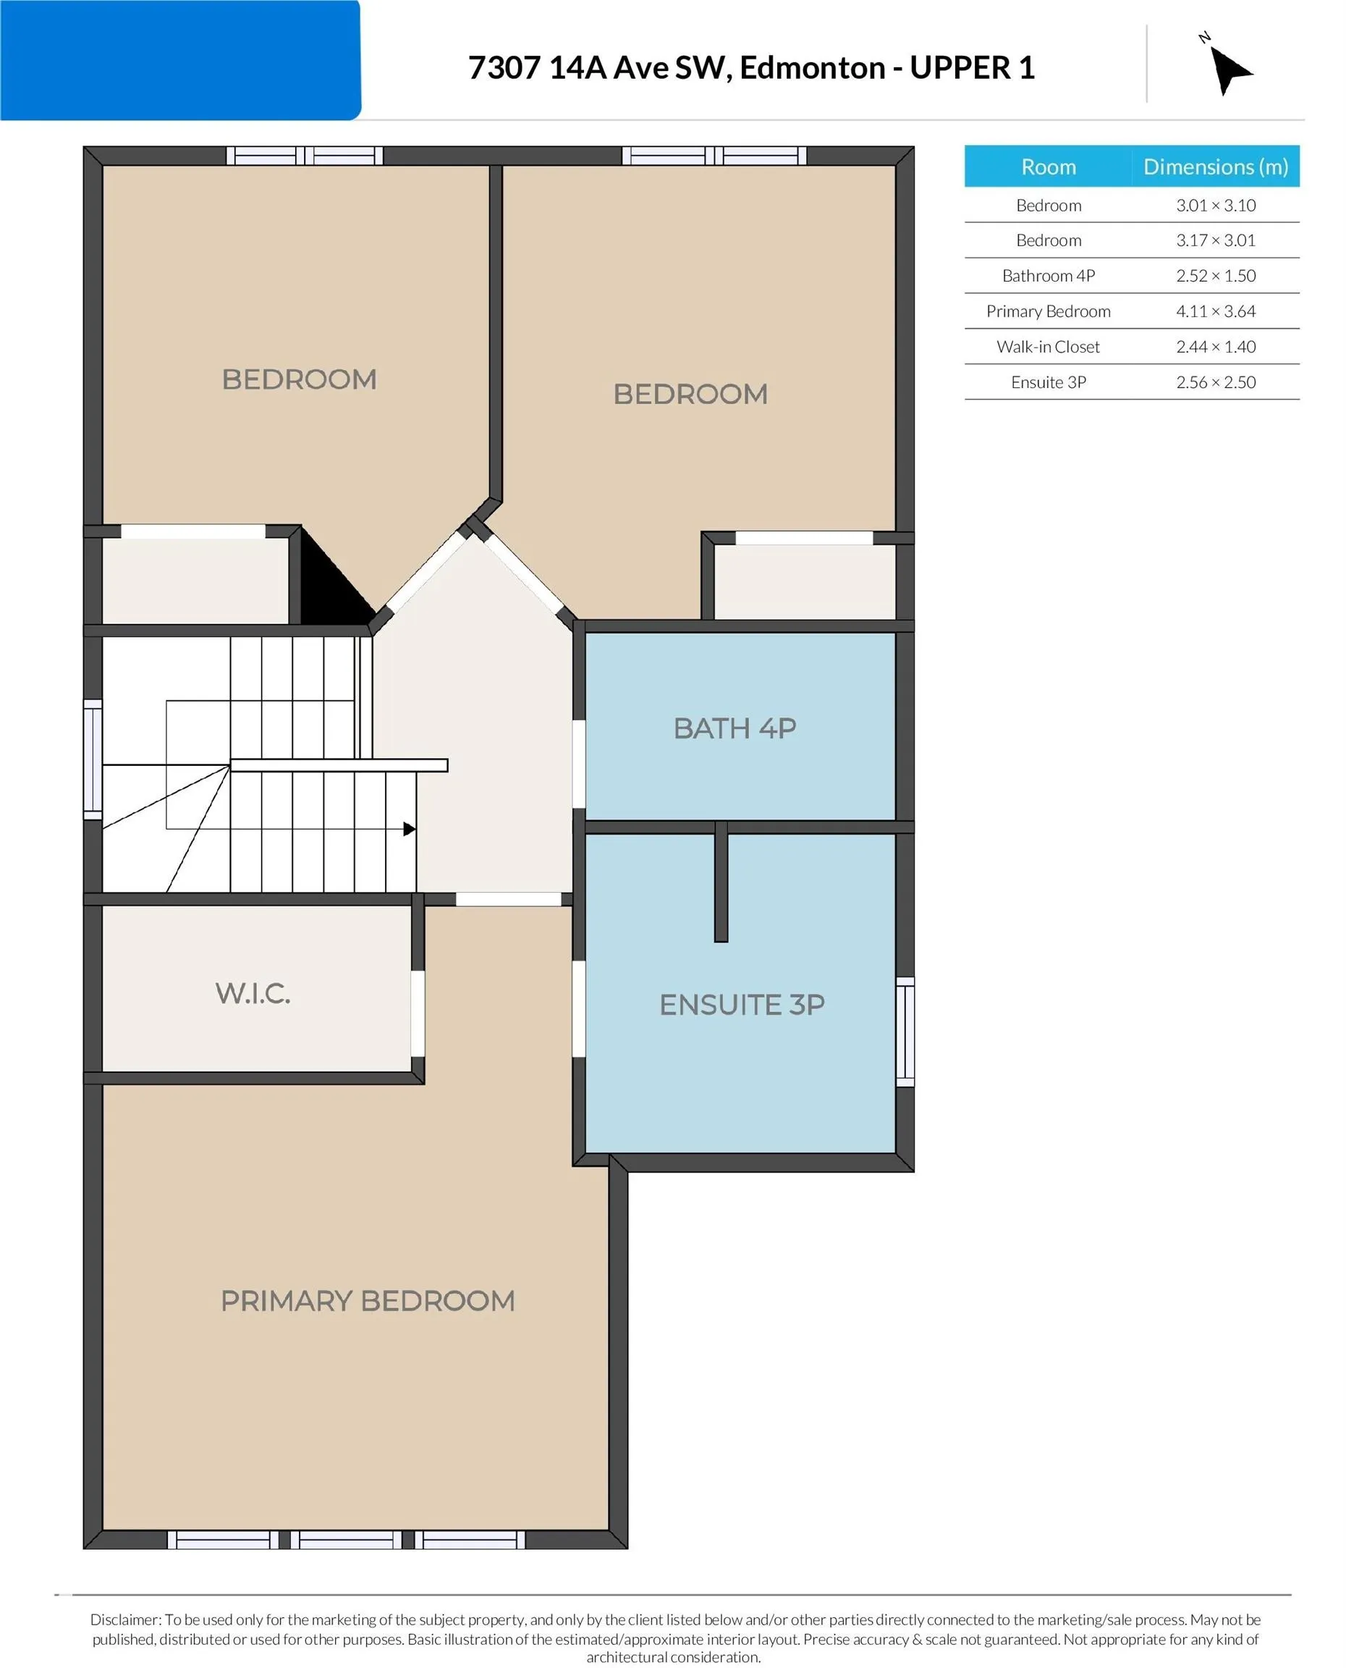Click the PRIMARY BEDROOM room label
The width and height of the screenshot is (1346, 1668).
(x=368, y=1300)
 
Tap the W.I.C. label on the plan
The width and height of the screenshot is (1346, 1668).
(x=253, y=993)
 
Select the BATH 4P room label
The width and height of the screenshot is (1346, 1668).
(x=735, y=728)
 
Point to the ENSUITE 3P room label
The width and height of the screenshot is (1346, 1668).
(x=742, y=1004)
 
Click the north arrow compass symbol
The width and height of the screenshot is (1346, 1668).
(x=1227, y=67)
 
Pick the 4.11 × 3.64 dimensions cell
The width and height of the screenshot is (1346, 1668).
(x=1215, y=311)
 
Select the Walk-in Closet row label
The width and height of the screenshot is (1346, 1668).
(x=1049, y=347)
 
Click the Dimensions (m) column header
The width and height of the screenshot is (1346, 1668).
(x=1216, y=167)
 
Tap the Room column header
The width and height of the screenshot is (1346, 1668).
(x=1049, y=167)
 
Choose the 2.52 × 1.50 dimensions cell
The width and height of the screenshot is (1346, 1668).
(x=1215, y=275)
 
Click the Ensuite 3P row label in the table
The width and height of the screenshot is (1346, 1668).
(x=1049, y=382)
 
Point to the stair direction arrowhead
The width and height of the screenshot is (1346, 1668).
(x=410, y=829)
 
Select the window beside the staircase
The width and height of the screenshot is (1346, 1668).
(x=93, y=759)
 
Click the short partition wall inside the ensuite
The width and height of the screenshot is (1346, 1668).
(x=721, y=882)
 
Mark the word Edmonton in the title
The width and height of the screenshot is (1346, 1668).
(x=812, y=68)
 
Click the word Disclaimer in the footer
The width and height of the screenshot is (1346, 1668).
(x=124, y=1619)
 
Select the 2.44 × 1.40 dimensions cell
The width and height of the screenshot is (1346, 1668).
(x=1215, y=347)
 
